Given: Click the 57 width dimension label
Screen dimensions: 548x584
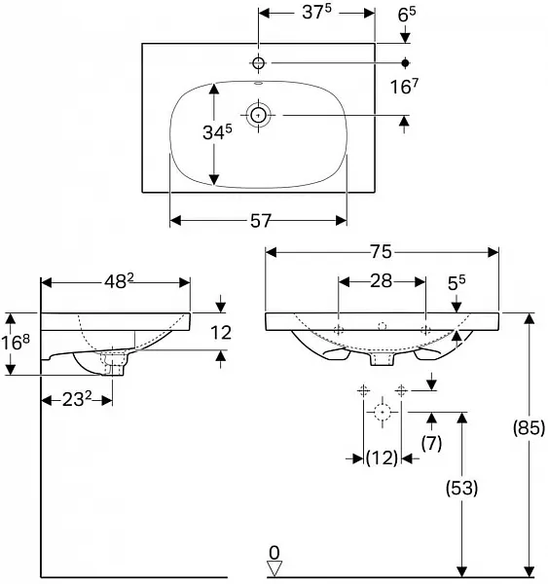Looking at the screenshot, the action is pyautogui.click(x=260, y=221).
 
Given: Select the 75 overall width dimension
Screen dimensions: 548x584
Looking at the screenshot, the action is pyautogui.click(x=381, y=252).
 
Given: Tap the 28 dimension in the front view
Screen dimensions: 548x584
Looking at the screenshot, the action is pyautogui.click(x=381, y=281).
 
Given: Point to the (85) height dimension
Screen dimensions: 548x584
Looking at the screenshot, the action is pyautogui.click(x=529, y=427).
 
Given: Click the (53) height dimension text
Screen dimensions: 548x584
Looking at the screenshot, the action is pyautogui.click(x=462, y=488).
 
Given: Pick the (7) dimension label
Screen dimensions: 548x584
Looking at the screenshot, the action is pyautogui.click(x=431, y=443).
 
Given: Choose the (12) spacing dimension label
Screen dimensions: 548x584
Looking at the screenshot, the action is pyautogui.click(x=382, y=457).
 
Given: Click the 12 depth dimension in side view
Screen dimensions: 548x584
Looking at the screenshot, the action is pyautogui.click(x=221, y=332).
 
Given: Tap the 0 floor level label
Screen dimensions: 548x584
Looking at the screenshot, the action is pyautogui.click(x=274, y=553).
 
